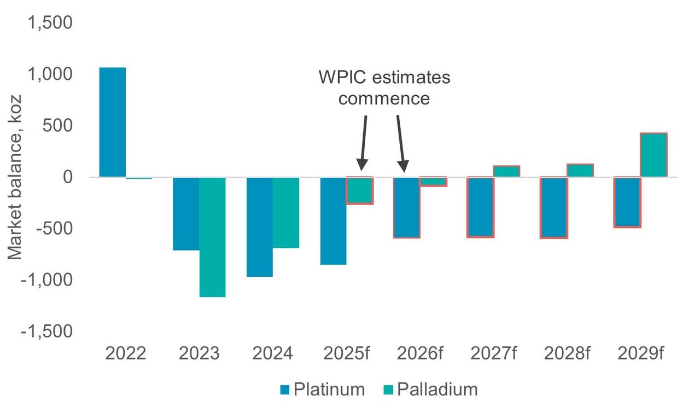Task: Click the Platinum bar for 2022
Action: click(x=112, y=123)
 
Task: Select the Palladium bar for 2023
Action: click(x=213, y=237)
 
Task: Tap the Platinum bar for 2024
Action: click(x=260, y=227)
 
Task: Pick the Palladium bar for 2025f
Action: click(x=359, y=190)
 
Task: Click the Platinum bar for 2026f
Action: click(x=406, y=207)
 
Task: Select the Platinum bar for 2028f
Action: click(x=555, y=207)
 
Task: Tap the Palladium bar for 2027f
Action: click(x=506, y=171)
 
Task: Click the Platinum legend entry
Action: click(x=322, y=389)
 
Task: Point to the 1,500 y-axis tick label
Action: click(x=49, y=23)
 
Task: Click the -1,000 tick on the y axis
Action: click(x=46, y=280)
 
